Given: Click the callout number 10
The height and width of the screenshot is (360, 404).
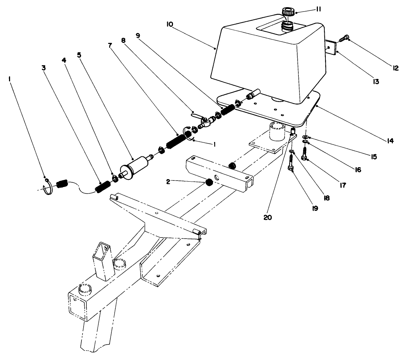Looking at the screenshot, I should pyautogui.click(x=170, y=25).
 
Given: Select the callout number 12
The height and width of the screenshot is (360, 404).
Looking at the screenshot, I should pyautogui.click(x=395, y=67).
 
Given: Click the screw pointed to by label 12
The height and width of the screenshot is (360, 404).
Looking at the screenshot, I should pyautogui.click(x=345, y=37).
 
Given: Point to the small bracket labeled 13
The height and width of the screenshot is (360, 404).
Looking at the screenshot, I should pyautogui.click(x=331, y=47).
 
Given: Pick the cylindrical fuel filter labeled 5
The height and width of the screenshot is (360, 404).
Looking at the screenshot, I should pyautogui.click(x=136, y=168).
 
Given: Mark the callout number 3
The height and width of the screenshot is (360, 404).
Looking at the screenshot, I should pyautogui.click(x=43, y=68).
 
